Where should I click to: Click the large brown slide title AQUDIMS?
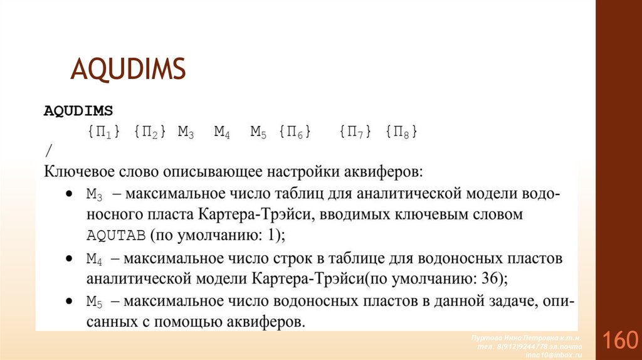(x=129, y=68)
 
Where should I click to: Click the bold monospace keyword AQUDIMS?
(x=78, y=111)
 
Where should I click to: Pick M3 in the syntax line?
(x=186, y=132)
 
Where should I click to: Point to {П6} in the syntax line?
(x=295, y=132)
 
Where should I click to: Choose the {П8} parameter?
(x=401, y=132)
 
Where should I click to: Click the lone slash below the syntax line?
(x=48, y=151)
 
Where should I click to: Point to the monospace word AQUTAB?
(x=117, y=235)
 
